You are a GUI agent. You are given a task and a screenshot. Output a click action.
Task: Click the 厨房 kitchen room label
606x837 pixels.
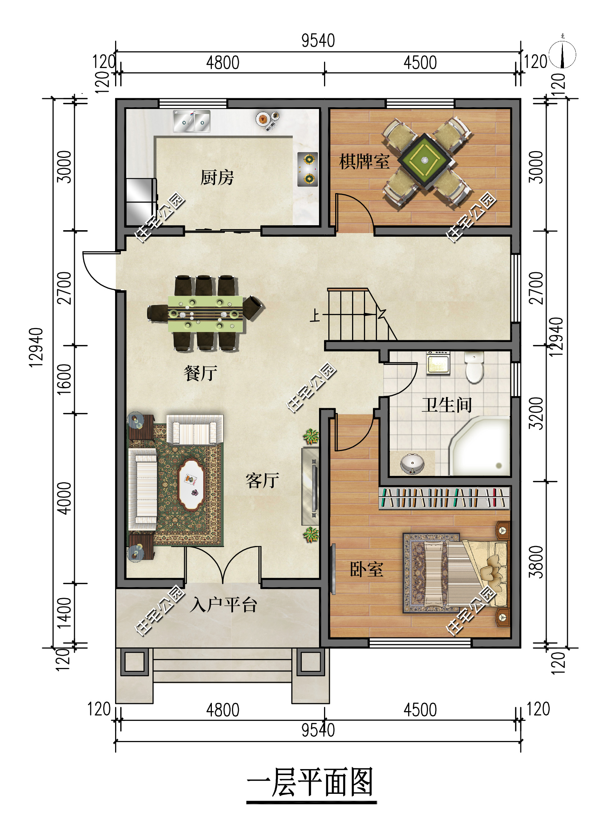click(217, 178)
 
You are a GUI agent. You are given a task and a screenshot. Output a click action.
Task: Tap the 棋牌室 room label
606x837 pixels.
click(364, 162)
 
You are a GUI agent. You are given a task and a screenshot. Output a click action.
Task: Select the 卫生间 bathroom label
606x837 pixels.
click(447, 405)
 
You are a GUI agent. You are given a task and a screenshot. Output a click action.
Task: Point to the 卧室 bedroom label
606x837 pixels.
click(366, 569)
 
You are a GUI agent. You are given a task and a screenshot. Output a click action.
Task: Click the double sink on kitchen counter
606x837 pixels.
click(192, 121)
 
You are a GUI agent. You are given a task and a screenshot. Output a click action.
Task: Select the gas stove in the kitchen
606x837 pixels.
click(308, 169)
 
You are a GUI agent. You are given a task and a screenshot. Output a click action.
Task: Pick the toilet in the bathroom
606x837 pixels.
click(474, 368)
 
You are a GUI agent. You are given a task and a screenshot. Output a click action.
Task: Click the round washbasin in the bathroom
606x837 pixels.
click(412, 463)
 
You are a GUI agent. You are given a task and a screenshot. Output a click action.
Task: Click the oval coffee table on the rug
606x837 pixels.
click(191, 485)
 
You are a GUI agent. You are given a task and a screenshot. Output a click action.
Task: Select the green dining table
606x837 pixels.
click(205, 314)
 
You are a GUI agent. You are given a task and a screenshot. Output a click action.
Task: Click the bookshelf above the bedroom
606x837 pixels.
click(444, 498)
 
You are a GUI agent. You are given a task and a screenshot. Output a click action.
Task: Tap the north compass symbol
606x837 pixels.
click(562, 55)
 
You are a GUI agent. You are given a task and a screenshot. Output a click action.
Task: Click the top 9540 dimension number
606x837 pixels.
click(318, 41)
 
